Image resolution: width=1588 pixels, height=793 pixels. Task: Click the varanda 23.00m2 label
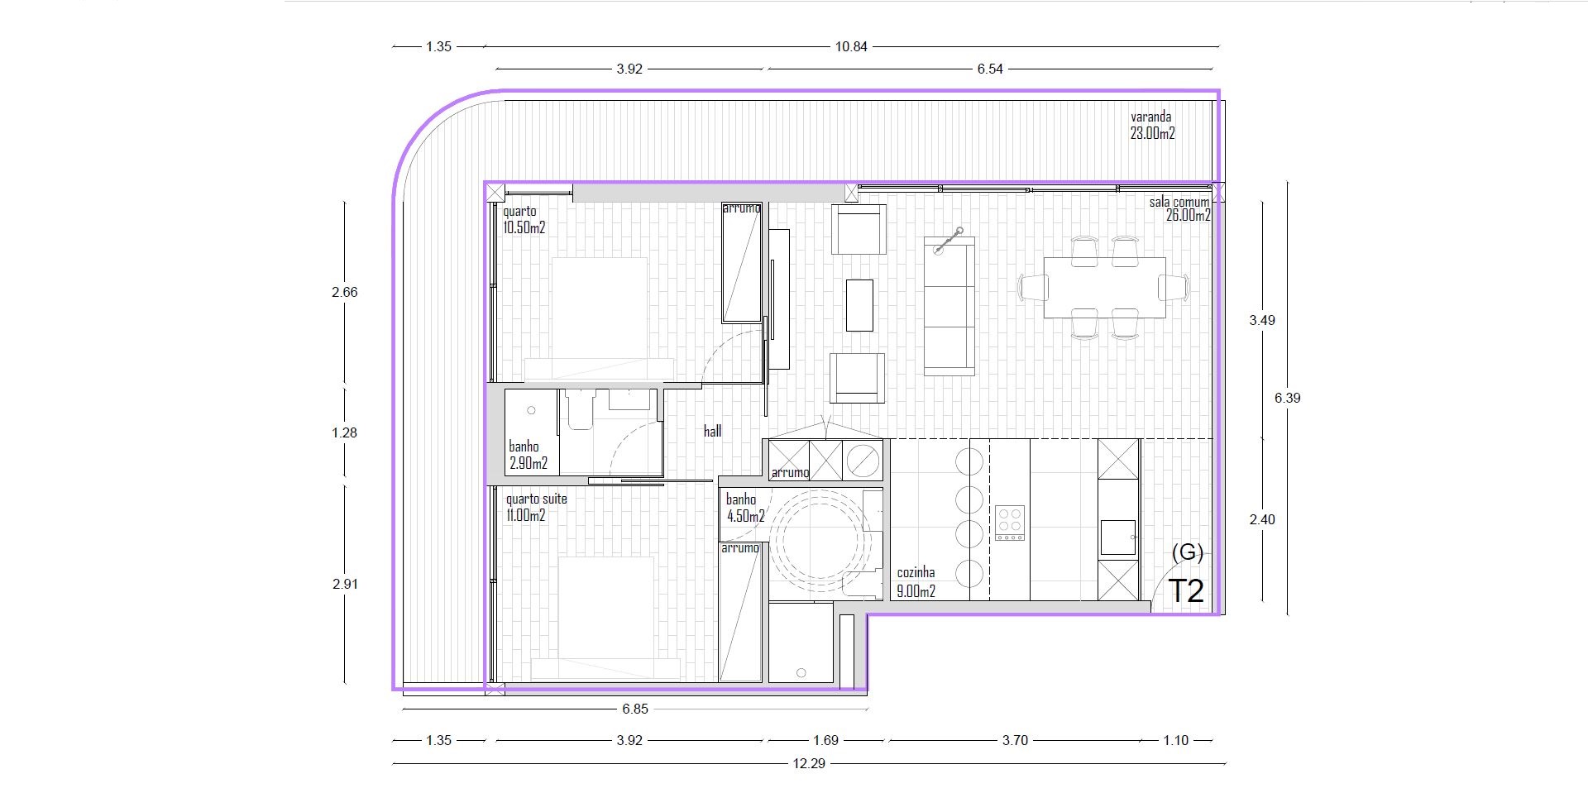[1153, 126]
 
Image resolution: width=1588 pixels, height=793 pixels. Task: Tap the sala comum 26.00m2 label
[1180, 209]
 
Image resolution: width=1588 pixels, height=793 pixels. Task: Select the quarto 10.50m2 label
[524, 220]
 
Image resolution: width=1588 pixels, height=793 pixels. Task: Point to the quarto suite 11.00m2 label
[537, 508]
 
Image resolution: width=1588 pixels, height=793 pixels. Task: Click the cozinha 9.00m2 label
[916, 583]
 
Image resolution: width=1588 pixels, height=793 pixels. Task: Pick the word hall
[712, 431]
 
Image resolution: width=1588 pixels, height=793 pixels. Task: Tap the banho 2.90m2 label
[529, 456]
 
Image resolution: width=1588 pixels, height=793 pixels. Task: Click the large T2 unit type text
[1186, 591]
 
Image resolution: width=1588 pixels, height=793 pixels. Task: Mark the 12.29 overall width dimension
[809, 763]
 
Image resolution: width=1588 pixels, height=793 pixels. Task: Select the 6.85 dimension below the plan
[635, 709]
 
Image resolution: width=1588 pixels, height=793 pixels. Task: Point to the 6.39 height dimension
[1287, 398]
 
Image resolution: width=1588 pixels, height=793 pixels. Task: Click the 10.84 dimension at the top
[851, 46]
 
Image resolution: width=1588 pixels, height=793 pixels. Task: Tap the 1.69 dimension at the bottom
[825, 740]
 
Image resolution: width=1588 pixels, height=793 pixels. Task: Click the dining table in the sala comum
[1104, 287]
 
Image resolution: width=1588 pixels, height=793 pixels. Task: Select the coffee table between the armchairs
[859, 305]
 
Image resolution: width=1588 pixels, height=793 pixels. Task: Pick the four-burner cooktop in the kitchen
[1010, 523]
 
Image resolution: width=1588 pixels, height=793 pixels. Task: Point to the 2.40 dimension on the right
[1262, 519]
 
